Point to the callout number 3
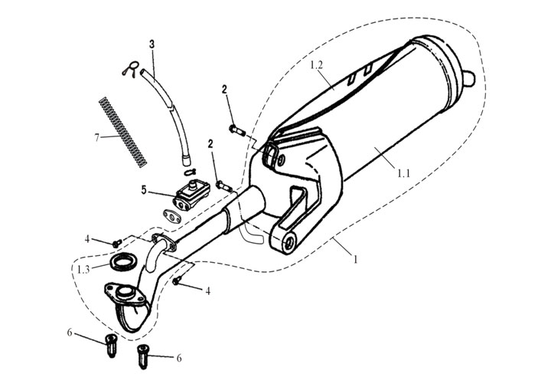point(152,45)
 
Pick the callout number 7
point(97,137)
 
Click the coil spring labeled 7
point(122,130)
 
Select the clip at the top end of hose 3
point(132,70)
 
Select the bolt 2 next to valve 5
point(223,184)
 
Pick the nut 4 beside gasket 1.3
point(116,243)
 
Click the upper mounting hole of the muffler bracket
point(276,159)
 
